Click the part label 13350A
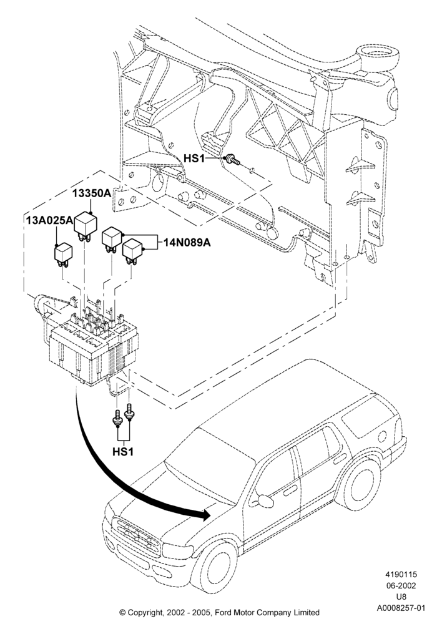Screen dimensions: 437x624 (91, 194)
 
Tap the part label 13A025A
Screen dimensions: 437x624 (50, 220)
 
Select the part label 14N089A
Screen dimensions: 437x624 (187, 242)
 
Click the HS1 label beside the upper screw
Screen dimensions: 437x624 (194, 158)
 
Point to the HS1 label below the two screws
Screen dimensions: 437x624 (123, 452)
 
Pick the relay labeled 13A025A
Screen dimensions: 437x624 (63, 255)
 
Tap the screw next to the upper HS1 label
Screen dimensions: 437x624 (233, 160)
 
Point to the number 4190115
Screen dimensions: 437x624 (401, 574)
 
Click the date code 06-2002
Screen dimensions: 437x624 (401, 585)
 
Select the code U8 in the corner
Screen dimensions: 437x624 (401, 597)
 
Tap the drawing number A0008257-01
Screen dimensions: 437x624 (401, 608)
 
